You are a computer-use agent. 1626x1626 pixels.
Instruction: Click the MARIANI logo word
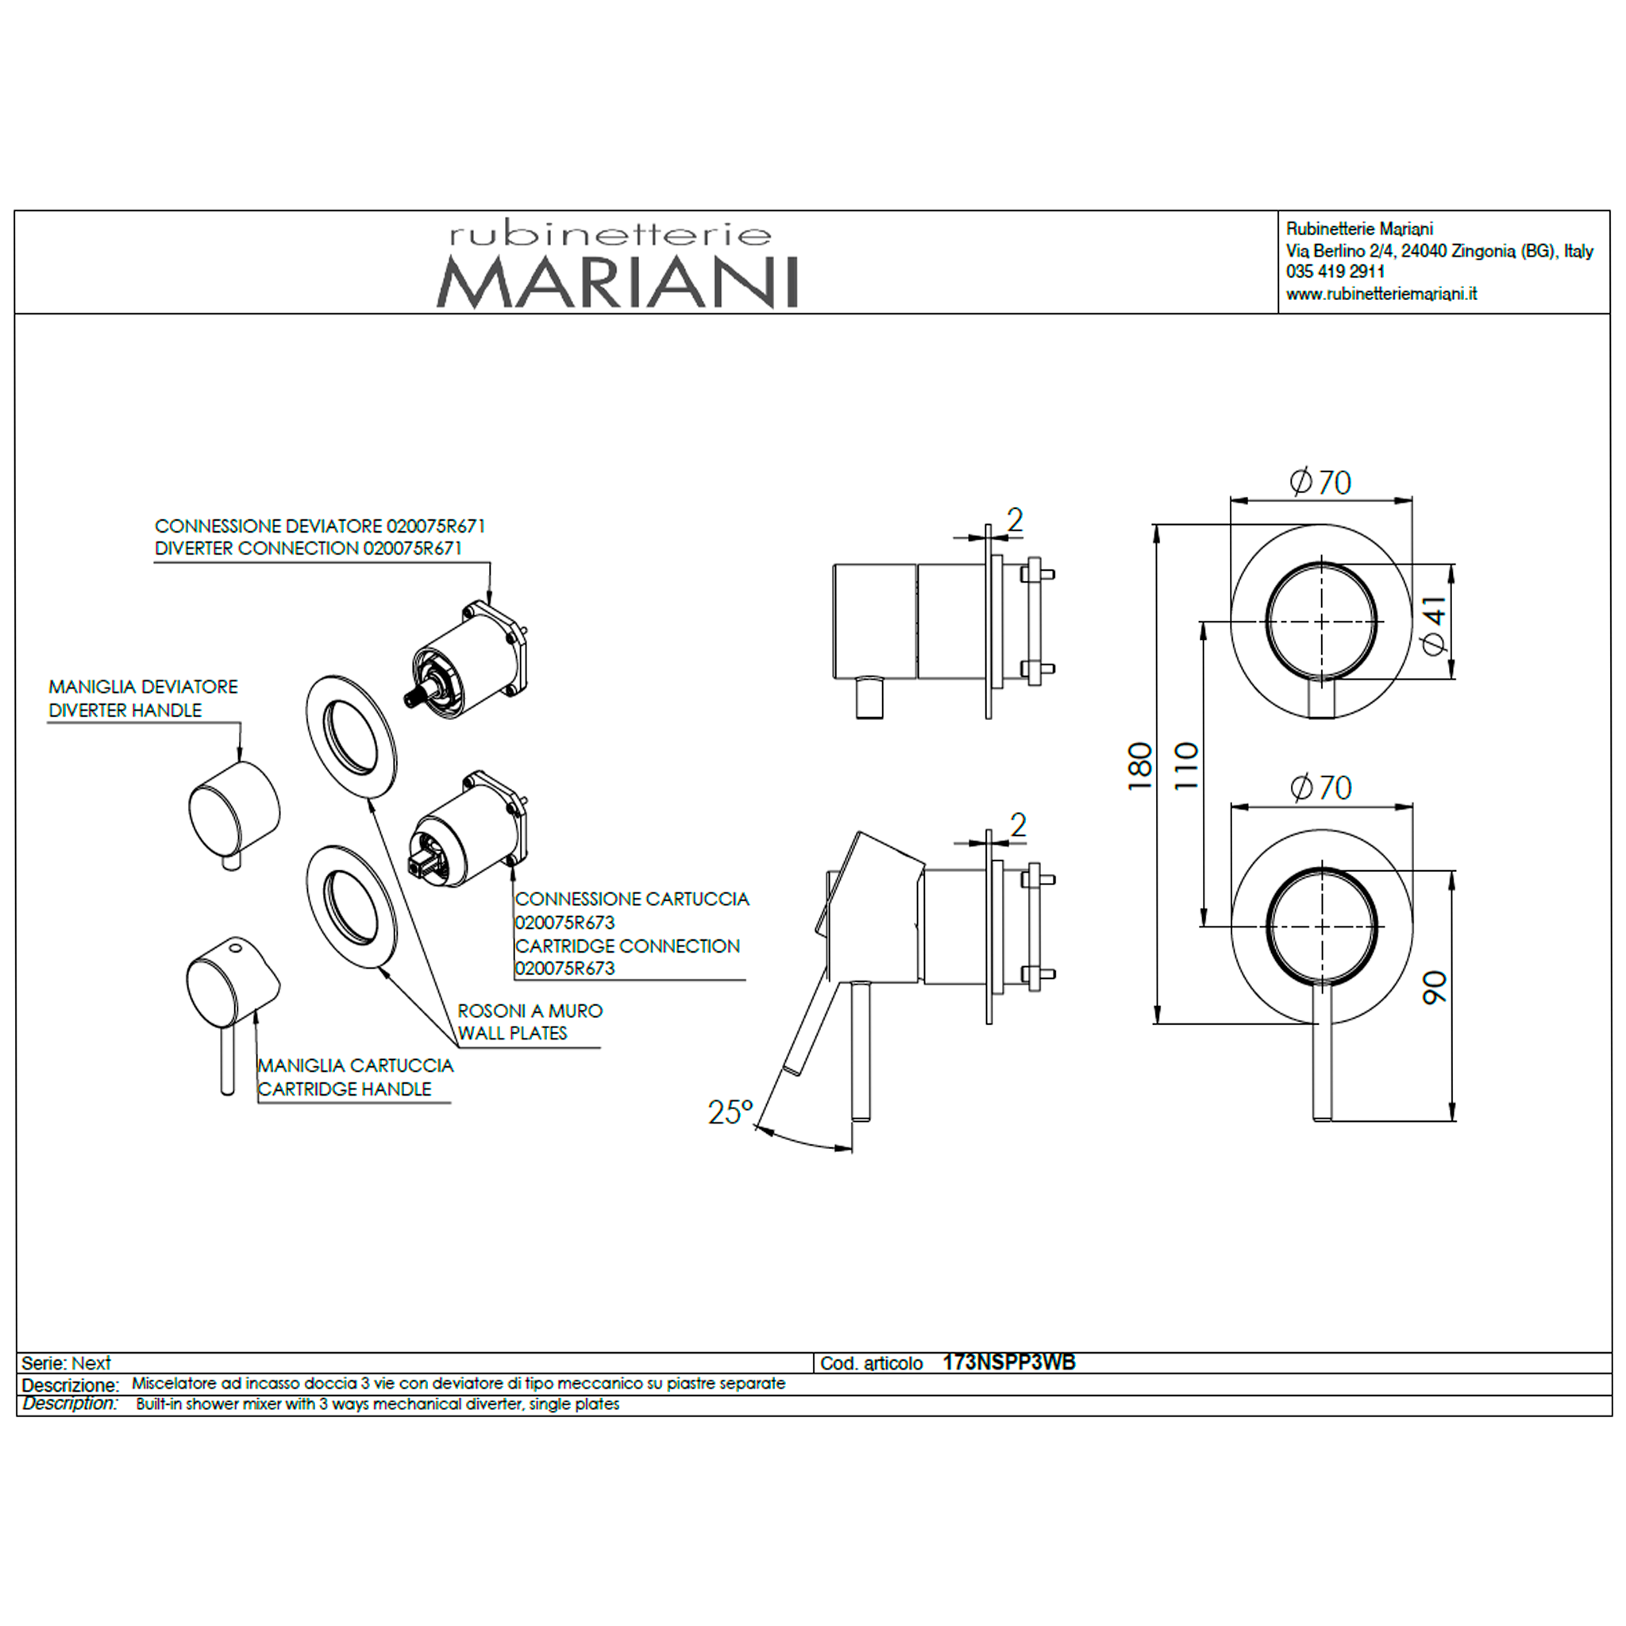[617, 283]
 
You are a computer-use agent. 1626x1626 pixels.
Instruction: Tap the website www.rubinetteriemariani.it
[1381, 294]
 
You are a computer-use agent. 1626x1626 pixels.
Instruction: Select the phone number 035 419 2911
[1335, 271]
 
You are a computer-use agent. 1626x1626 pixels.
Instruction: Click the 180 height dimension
[1139, 765]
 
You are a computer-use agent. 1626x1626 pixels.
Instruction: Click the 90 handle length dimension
[1434, 986]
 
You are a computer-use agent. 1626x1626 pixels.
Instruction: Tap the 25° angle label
[730, 1112]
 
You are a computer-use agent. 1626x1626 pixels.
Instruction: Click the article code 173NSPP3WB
[1008, 1362]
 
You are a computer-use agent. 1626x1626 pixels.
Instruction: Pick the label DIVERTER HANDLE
[125, 711]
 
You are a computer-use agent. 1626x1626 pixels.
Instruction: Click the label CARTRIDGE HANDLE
[345, 1089]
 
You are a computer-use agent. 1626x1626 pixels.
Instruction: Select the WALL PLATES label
[513, 1033]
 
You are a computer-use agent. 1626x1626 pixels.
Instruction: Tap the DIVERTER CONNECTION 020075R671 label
[308, 548]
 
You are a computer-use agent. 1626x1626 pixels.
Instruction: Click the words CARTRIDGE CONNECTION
[628, 946]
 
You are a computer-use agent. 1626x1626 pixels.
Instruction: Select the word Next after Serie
[91, 1362]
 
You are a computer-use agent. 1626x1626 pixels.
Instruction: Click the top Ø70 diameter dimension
[1320, 483]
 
